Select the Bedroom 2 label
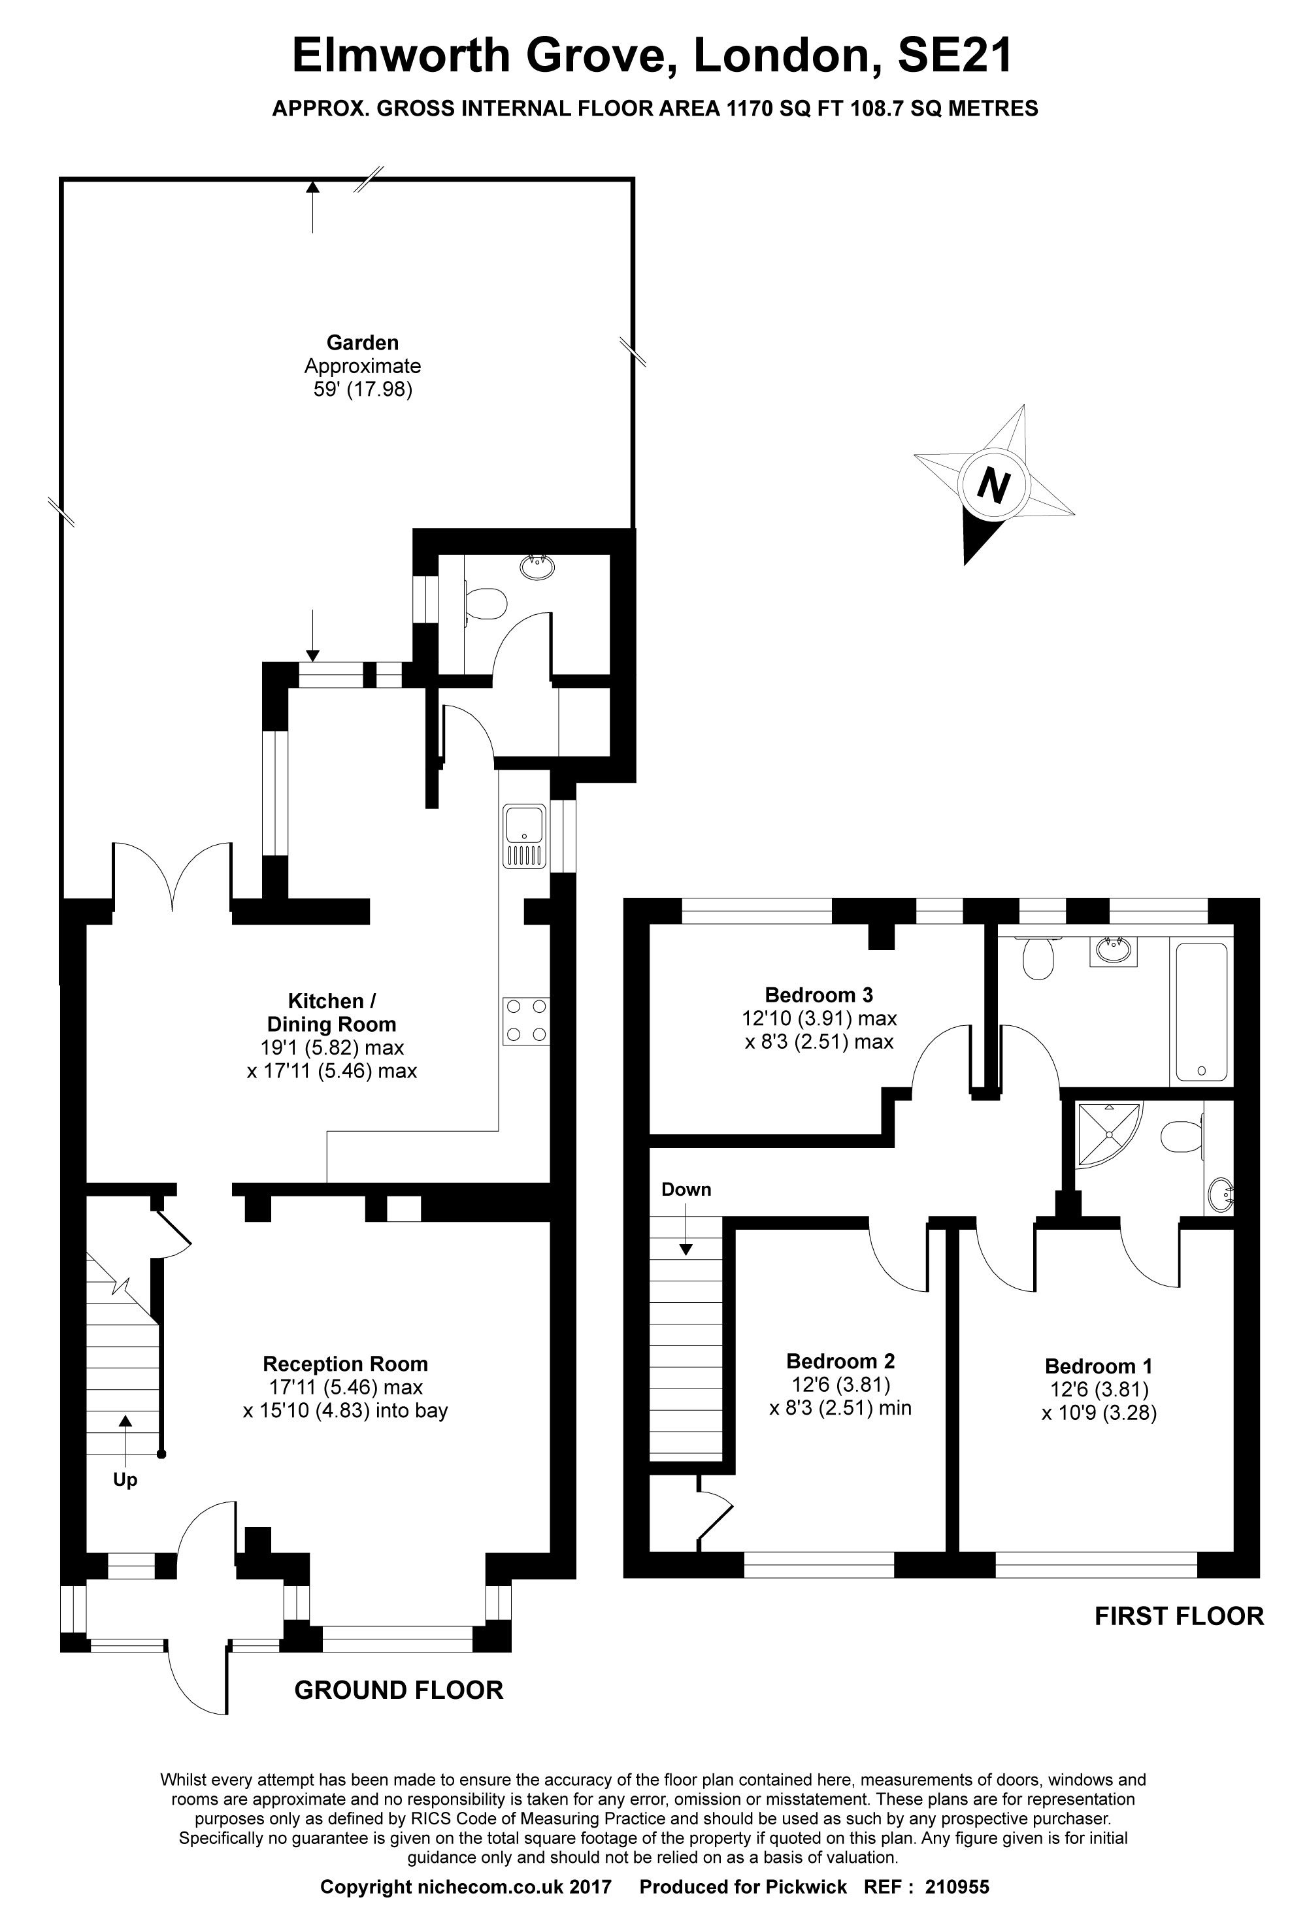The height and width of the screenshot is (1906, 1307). point(840,1362)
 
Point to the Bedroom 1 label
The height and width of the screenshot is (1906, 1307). point(1098,1366)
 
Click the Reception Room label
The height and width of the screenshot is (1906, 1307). point(346,1364)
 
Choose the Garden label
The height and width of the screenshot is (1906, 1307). point(363,343)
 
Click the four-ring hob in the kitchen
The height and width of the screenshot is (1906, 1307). point(526,1021)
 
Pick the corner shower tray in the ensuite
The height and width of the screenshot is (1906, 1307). point(1107,1134)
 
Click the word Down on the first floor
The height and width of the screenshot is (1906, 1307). point(686,1189)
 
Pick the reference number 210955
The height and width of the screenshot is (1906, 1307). point(957,1881)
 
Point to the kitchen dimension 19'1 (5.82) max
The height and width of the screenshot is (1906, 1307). point(331,1047)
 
